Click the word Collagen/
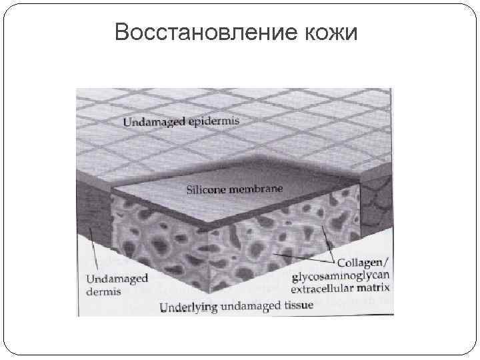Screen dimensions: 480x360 click(365, 263)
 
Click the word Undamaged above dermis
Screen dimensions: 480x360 click(116, 279)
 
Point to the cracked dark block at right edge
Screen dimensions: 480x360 click(377, 200)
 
